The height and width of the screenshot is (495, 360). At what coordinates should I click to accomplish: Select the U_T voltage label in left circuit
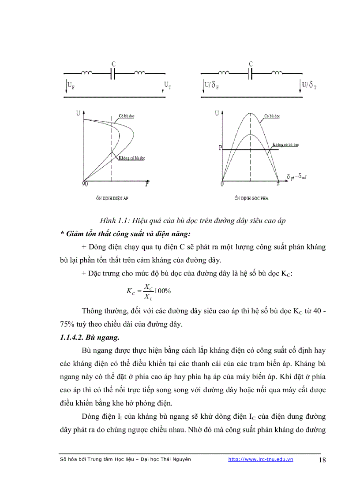168,84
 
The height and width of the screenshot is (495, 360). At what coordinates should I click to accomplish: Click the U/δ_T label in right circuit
309,84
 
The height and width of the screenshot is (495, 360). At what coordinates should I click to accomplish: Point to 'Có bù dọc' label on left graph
126,116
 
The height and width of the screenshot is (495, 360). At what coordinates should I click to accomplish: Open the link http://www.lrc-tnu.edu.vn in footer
260,459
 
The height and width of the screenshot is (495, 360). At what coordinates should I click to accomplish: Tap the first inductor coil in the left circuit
87,74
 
